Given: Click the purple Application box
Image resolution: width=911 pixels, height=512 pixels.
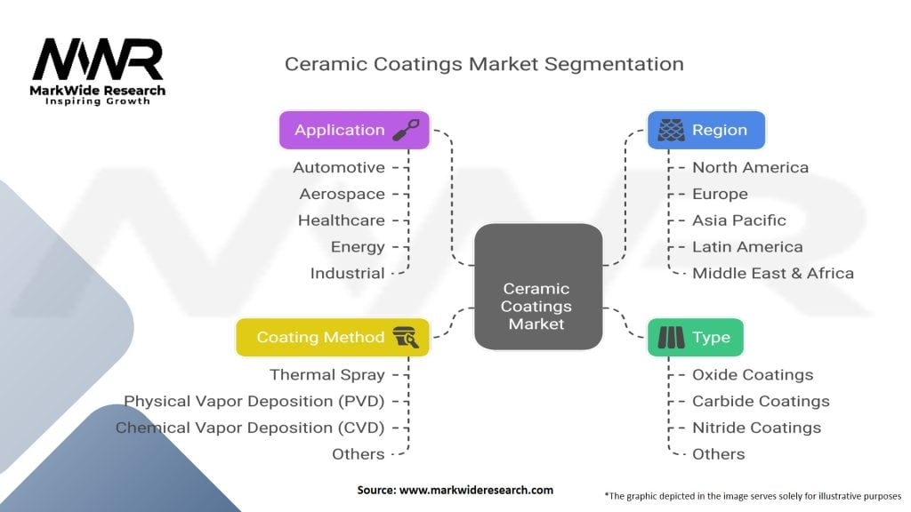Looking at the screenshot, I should point(354,130).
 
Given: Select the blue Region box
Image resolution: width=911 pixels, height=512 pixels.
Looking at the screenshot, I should point(705,130).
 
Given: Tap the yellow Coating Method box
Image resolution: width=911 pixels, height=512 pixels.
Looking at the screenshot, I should point(332,337).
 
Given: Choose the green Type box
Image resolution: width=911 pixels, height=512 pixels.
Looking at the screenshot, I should point(694,337).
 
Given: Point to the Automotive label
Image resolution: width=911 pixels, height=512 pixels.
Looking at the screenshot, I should point(339,167).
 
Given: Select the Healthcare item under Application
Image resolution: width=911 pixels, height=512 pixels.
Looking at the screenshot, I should point(342,220).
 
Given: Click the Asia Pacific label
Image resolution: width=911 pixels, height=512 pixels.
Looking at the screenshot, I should point(738,220).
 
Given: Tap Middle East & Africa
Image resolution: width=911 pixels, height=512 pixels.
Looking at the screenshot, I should point(772,273).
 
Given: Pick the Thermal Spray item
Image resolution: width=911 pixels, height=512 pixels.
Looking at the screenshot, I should point(327,375).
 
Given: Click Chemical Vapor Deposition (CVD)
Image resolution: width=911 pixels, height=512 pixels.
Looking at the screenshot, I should point(250,428).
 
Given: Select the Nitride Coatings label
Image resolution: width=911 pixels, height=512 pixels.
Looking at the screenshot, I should point(756,428).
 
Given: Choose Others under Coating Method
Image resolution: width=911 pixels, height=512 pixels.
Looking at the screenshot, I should point(358,454).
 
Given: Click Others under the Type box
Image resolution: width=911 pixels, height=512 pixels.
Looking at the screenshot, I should point(718,454).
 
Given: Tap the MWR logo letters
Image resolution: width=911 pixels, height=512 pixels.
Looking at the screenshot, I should point(98,60).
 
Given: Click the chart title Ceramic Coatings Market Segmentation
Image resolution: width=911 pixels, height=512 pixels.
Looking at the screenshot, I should point(483,64).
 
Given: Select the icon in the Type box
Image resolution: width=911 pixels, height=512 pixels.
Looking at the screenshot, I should point(670,337).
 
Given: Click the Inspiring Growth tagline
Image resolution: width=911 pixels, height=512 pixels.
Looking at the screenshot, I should point(98,101).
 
